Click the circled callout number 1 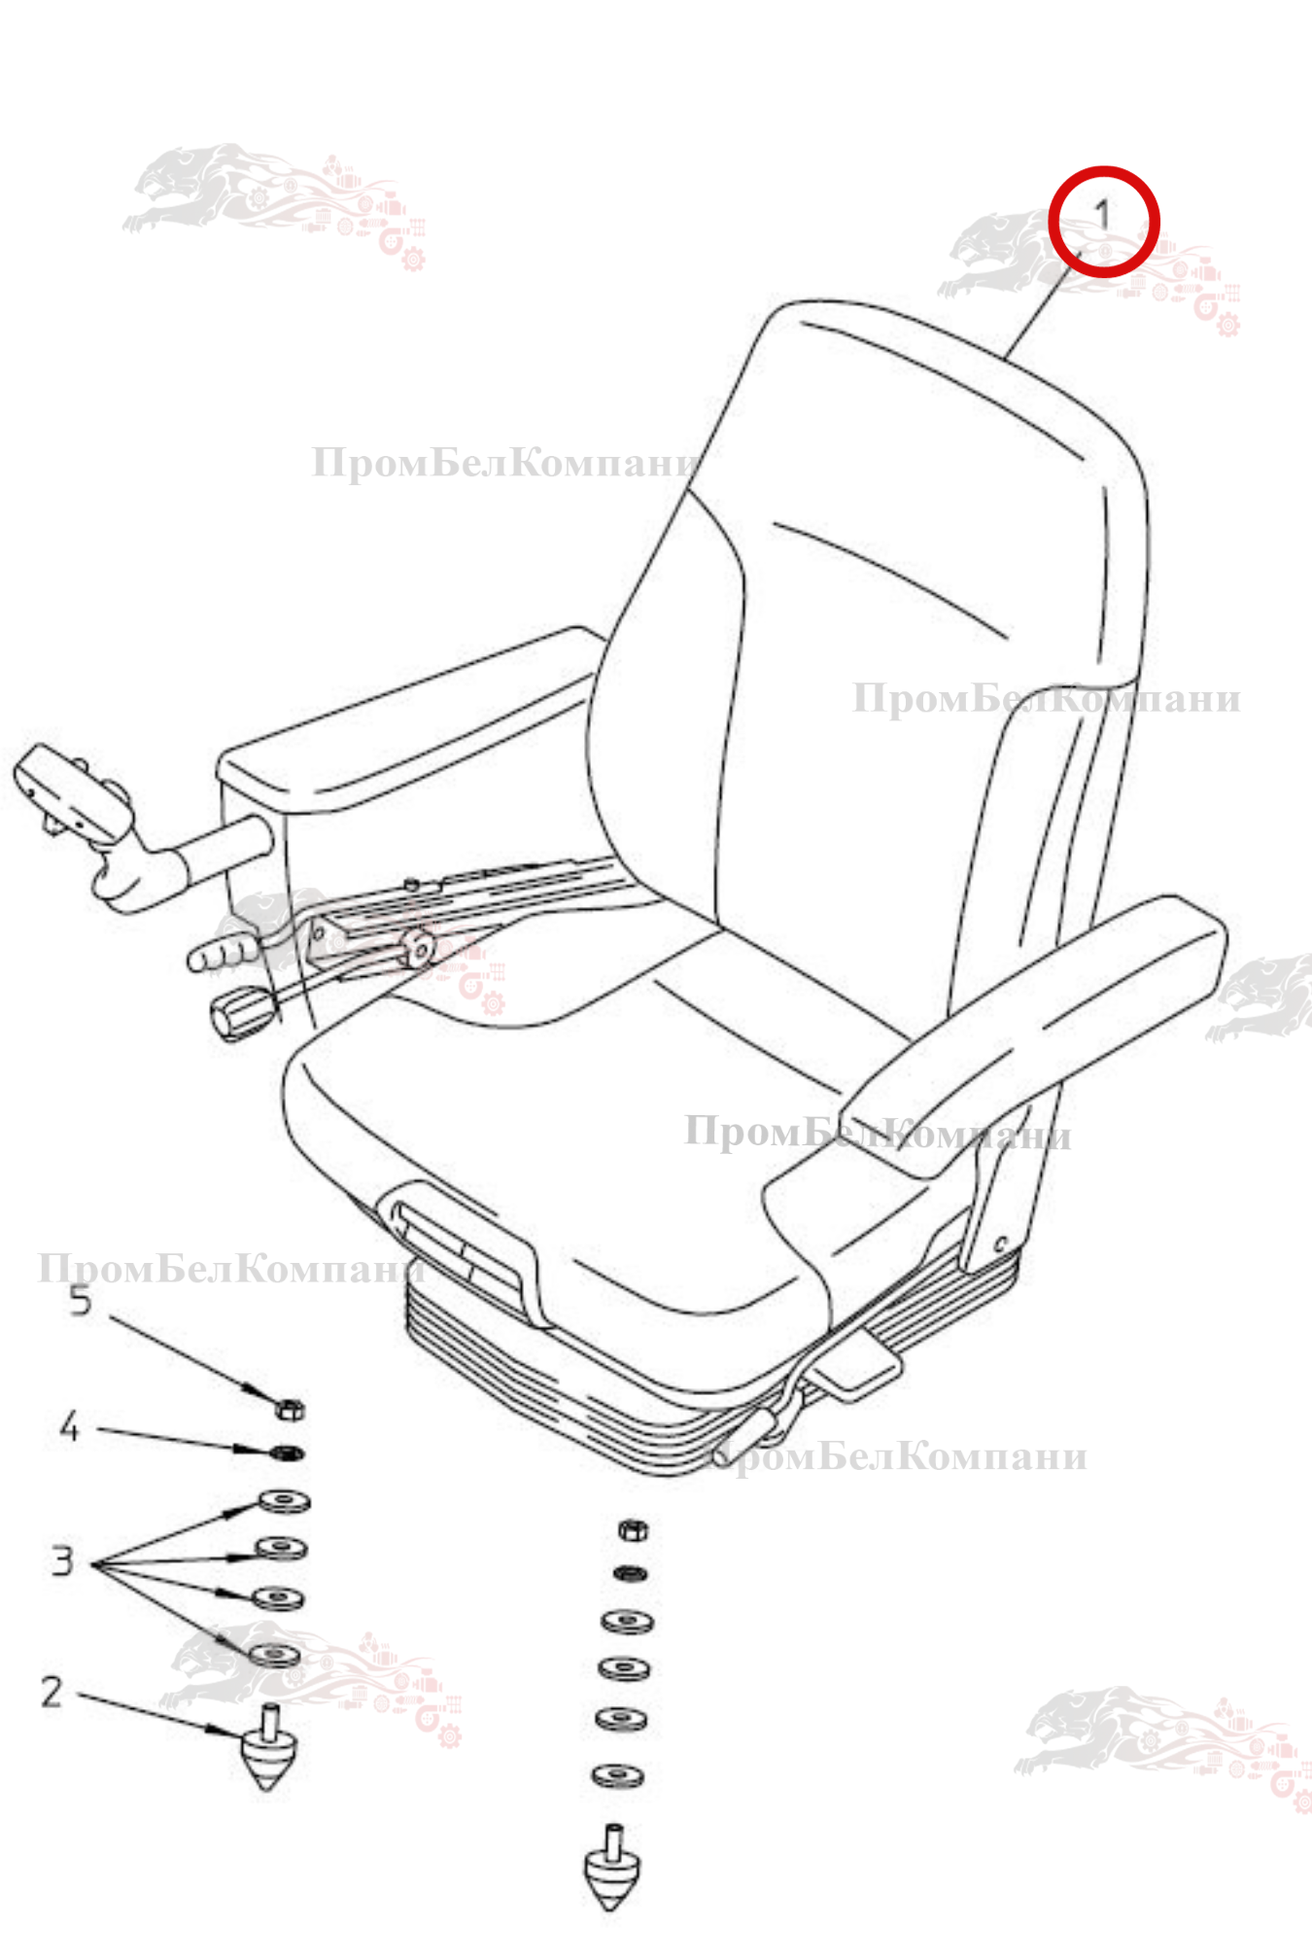point(1102,215)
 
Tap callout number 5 point(81,1301)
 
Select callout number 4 point(69,1427)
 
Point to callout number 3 point(63,1560)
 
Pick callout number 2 point(52,1693)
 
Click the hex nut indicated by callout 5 point(290,1407)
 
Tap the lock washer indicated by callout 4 point(287,1453)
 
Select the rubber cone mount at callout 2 point(268,1748)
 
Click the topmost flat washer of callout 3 point(285,1501)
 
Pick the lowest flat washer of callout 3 point(276,1654)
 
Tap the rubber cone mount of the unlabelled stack point(612,1868)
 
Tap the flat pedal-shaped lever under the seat point(857,1363)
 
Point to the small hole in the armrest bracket point(1000,1243)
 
